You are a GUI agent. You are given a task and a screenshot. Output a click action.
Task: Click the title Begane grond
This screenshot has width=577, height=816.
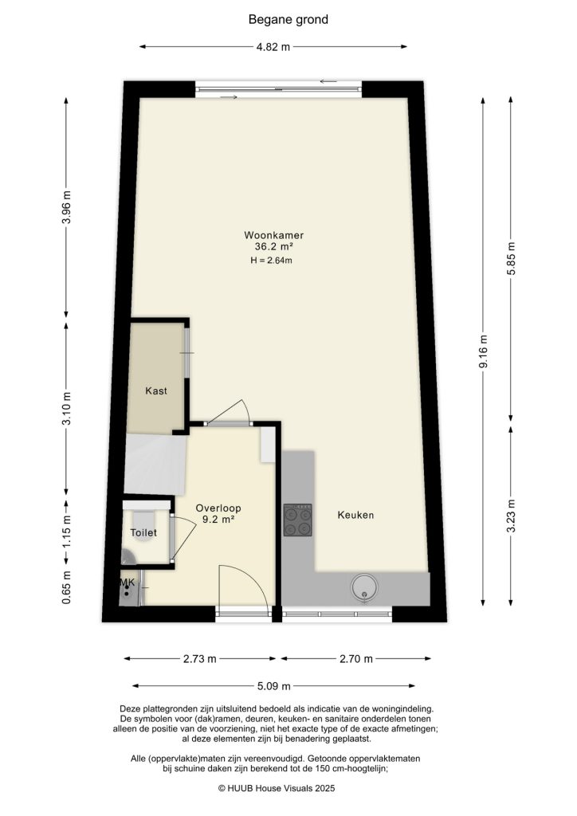tap(288, 19)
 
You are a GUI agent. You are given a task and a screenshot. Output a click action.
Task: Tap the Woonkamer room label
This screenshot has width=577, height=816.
tap(274, 235)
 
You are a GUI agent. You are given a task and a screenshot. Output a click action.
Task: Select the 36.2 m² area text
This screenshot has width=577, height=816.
tap(274, 247)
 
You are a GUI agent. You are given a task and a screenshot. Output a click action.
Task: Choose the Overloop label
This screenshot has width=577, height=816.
tap(218, 508)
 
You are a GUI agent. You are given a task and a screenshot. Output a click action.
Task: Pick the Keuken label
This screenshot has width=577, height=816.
tap(355, 515)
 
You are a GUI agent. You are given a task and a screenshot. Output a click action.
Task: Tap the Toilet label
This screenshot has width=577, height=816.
tap(143, 532)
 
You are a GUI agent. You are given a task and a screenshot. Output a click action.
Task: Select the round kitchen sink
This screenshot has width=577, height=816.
tap(364, 587)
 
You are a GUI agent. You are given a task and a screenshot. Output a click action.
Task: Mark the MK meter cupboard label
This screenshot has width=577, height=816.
tap(126, 583)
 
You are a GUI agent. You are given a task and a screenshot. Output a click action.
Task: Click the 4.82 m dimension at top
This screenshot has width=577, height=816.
tap(273, 47)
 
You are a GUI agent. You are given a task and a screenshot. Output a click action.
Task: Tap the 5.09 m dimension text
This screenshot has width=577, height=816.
tap(273, 685)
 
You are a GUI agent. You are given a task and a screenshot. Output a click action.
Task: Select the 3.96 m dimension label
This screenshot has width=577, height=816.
tap(67, 209)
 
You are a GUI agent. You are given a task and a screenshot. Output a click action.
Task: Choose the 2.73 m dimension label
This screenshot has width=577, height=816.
tap(200, 659)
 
